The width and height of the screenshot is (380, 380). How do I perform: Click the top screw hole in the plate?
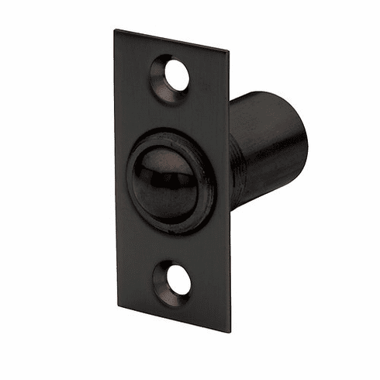click(176, 74)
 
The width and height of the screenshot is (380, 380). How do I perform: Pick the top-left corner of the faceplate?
click(116, 31)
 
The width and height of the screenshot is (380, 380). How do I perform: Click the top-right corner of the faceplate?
click(229, 53)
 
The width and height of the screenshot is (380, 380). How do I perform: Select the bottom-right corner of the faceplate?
click(230, 331)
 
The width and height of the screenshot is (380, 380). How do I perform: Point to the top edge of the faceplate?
click(172, 41)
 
